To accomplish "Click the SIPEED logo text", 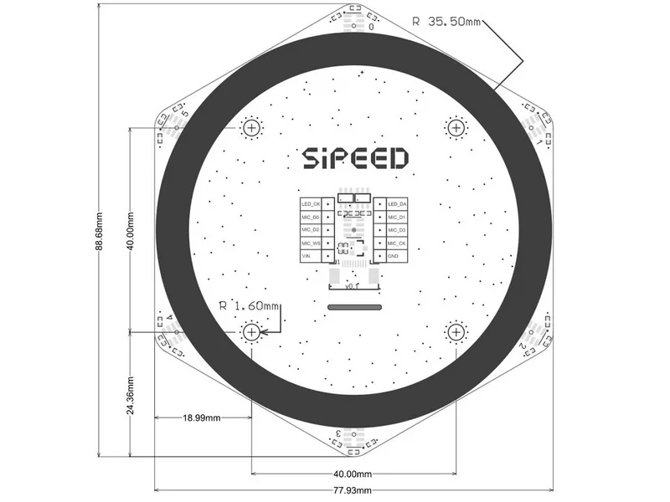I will [354, 159].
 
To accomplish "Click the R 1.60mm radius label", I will [249, 305].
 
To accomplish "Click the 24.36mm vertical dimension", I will [131, 393].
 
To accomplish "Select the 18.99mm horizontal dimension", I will [201, 417].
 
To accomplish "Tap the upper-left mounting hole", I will [252, 128].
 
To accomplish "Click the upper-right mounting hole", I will [456, 127].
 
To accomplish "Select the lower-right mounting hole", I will [456, 332].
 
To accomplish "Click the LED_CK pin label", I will [312, 203].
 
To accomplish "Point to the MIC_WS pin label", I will [312, 243].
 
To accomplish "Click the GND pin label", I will [393, 255].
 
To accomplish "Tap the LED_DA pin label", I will [397, 203].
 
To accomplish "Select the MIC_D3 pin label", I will [397, 229].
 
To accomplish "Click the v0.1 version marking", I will [353, 286].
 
